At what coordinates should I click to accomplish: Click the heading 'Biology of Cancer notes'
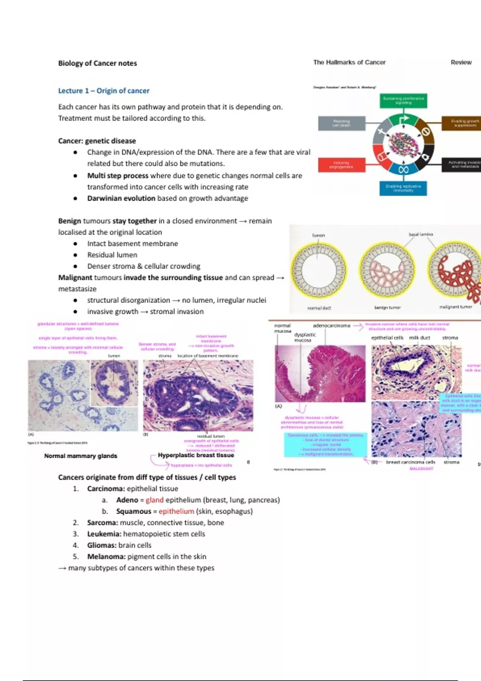[x=97, y=63]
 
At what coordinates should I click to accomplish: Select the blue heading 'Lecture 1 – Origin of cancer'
[x=104, y=91]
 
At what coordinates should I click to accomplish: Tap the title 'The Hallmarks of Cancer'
[x=349, y=62]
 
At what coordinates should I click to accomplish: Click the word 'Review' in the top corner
[x=461, y=62]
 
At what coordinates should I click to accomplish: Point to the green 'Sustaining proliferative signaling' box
[x=403, y=101]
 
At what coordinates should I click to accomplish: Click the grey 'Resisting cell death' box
[x=342, y=123]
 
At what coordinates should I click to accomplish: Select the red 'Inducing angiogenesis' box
[x=342, y=165]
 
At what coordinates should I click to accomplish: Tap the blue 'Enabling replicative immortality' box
[x=403, y=188]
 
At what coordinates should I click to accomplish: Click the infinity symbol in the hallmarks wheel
[x=403, y=170]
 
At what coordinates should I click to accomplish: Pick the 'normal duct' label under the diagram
[x=319, y=308]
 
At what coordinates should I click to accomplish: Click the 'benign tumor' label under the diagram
[x=387, y=308]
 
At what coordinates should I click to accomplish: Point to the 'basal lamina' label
[x=420, y=234]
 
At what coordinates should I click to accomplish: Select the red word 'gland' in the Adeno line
[x=154, y=500]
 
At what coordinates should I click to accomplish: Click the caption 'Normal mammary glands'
[x=81, y=456]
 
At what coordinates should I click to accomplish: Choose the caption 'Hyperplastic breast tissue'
[x=196, y=455]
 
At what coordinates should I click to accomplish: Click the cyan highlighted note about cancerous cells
[x=325, y=445]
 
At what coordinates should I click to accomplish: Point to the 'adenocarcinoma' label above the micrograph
[x=331, y=326]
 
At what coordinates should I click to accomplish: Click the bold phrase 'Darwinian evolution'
[x=121, y=198]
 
